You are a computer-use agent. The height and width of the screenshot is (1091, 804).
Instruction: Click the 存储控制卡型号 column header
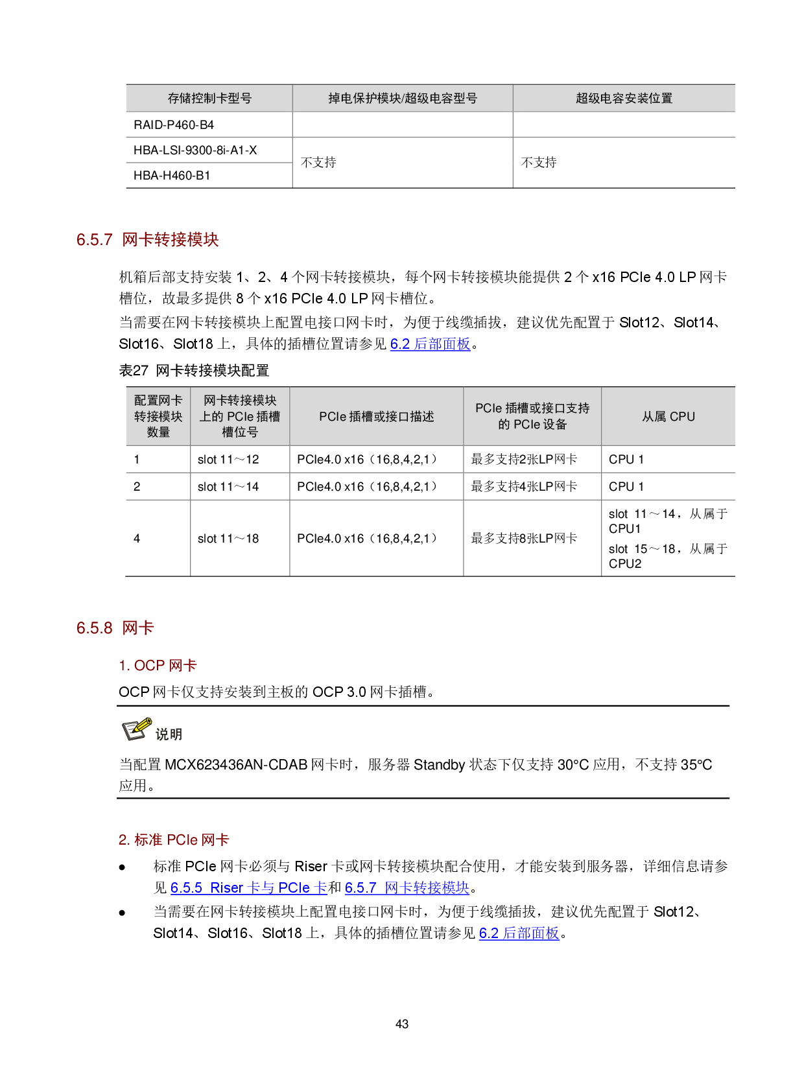pyautogui.click(x=209, y=99)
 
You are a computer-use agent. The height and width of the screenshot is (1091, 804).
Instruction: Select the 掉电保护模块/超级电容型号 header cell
pyautogui.click(x=402, y=99)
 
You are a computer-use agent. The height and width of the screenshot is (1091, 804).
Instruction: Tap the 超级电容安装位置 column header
pyautogui.click(x=624, y=99)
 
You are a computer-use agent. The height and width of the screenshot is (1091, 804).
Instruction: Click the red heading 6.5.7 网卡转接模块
pyautogui.click(x=148, y=240)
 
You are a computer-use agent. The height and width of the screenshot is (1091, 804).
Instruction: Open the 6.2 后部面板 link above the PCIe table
pyautogui.click(x=430, y=344)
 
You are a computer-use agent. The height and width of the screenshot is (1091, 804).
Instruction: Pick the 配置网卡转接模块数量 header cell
pyautogui.click(x=158, y=416)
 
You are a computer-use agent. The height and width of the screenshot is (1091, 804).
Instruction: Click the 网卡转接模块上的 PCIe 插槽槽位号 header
pyautogui.click(x=240, y=416)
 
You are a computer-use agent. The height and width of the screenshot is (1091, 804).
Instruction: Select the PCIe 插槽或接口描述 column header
pyautogui.click(x=376, y=417)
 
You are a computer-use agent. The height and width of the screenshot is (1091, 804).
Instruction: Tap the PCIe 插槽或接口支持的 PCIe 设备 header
pyautogui.click(x=532, y=416)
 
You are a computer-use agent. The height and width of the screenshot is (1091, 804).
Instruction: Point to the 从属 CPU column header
pyautogui.click(x=668, y=417)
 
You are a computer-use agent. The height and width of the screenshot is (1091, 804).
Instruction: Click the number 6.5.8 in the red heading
pyautogui.click(x=95, y=628)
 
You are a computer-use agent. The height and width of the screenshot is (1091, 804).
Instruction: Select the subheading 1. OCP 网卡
pyautogui.click(x=158, y=666)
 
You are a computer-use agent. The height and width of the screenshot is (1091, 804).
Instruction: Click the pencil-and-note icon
pyautogui.click(x=137, y=729)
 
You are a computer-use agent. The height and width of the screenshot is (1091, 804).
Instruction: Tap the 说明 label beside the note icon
pyautogui.click(x=169, y=734)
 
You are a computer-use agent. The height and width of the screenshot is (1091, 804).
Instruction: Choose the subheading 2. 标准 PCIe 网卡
pyautogui.click(x=174, y=840)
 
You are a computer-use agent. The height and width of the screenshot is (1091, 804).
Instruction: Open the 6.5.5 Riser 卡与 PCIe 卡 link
pyautogui.click(x=248, y=888)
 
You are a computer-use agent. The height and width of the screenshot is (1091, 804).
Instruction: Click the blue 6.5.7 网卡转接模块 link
pyautogui.click(x=407, y=888)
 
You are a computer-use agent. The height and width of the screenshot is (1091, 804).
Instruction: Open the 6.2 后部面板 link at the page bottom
pyautogui.click(x=519, y=933)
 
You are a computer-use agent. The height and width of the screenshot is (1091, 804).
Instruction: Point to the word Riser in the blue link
pyautogui.click(x=227, y=888)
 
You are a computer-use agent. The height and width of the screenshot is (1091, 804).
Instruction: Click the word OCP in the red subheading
pyautogui.click(x=150, y=666)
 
